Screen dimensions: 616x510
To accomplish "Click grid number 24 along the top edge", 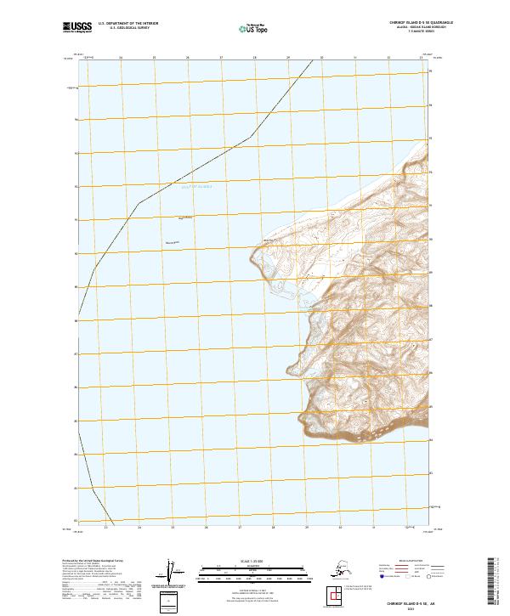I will (121, 58).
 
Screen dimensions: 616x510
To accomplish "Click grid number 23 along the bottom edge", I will (105, 528).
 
